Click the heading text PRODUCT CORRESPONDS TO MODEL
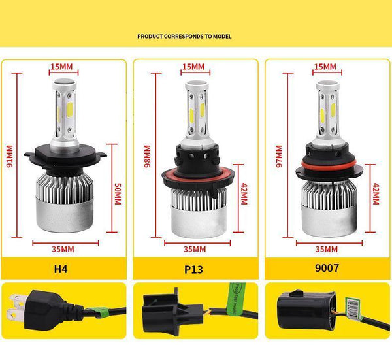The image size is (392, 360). (184, 37)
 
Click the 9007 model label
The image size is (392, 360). (326, 267)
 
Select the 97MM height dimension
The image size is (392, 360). (280, 157)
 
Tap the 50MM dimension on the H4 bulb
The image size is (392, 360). (118, 193)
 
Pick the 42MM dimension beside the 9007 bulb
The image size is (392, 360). (376, 194)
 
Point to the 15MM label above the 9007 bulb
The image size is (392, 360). (325, 67)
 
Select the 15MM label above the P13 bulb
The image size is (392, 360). (193, 67)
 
